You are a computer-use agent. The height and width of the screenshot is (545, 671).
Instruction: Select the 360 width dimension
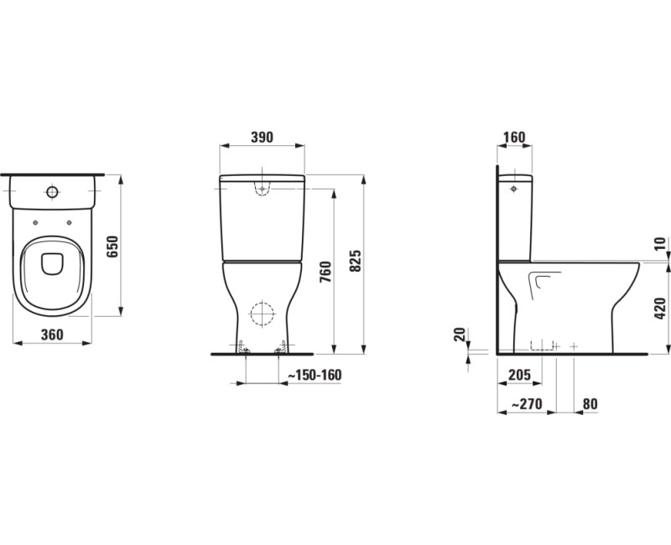52,335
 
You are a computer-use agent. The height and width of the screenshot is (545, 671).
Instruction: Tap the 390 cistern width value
262,138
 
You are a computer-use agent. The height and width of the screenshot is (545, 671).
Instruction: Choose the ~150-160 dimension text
315,375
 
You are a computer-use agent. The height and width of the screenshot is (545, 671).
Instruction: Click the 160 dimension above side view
515,138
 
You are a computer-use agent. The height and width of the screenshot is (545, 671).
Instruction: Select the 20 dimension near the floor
459,335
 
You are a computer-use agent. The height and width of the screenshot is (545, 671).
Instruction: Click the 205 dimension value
521,375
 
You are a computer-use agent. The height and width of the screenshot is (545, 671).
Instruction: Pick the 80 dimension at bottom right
590,404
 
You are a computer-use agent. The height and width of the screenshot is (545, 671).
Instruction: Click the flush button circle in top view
53,193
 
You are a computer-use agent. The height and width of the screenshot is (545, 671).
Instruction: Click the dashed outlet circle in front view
263,314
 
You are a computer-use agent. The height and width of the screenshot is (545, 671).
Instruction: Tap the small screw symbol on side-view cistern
512,189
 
